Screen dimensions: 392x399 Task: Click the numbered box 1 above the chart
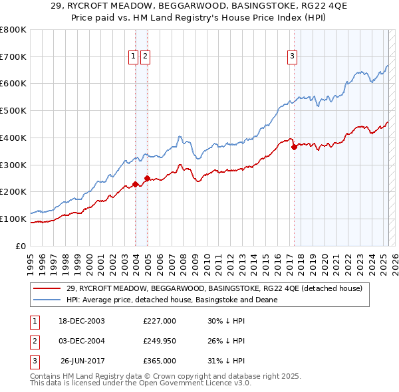pos(134,57)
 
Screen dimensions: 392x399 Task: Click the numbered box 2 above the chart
pos(145,57)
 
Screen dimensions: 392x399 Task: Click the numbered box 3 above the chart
pos(292,57)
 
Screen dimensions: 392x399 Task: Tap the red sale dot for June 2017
pos(294,147)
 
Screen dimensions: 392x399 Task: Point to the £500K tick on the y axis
pos(13,110)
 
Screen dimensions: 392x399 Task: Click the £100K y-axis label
pos(13,219)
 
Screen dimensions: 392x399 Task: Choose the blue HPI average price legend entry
pos(172,300)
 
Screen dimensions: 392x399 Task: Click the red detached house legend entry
pos(213,288)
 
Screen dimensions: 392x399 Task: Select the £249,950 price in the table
pos(160,341)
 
